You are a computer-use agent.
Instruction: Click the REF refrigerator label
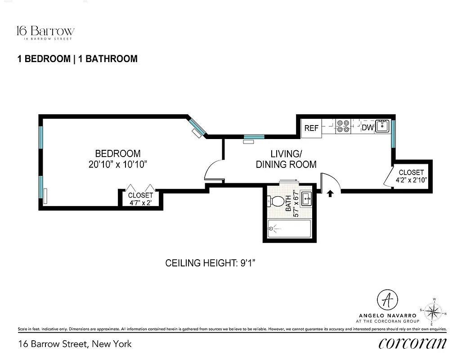point(311,128)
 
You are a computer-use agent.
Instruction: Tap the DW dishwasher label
point(368,128)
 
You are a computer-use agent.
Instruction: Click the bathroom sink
point(307,198)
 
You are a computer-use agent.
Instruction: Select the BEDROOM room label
point(118,154)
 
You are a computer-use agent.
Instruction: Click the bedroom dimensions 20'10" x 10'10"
point(118,164)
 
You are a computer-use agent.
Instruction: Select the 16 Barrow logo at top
point(45,32)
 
